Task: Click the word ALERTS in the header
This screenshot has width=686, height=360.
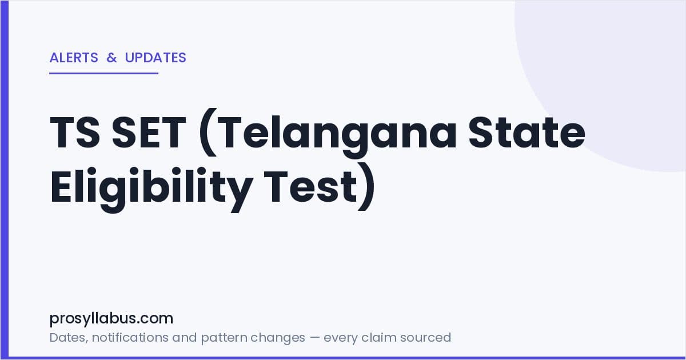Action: [74, 58]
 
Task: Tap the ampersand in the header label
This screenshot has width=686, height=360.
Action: [112, 58]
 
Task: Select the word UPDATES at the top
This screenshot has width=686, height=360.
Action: [155, 58]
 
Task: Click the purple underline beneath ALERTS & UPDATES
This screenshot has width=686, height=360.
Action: [104, 73]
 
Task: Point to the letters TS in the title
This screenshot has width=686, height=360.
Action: [75, 132]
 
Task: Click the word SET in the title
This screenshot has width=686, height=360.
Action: [149, 132]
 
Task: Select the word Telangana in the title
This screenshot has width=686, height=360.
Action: [337, 135]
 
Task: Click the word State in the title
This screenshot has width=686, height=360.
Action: [527, 132]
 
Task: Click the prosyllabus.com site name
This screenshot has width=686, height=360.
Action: [111, 319]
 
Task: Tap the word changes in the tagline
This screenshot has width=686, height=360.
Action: [278, 338]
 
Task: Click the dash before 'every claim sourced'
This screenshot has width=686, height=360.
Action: [314, 338]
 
